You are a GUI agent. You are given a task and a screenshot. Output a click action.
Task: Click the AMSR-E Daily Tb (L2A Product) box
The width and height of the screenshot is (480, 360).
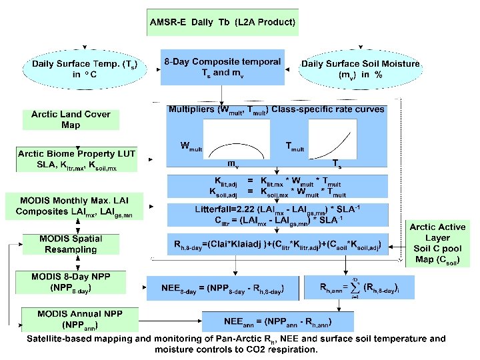tap(223, 23)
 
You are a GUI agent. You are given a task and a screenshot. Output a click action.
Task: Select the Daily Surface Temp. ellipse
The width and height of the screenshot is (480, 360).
tap(75, 69)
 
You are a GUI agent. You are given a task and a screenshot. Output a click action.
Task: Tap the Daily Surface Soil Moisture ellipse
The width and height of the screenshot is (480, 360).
tap(361, 69)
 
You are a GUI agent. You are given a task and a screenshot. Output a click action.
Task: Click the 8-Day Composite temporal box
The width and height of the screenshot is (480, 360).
tap(223, 67)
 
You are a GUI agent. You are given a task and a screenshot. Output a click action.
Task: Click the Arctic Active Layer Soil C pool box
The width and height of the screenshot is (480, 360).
tap(438, 245)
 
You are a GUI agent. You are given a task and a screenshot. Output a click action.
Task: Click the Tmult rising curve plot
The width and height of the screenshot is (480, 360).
tap(333, 143)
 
